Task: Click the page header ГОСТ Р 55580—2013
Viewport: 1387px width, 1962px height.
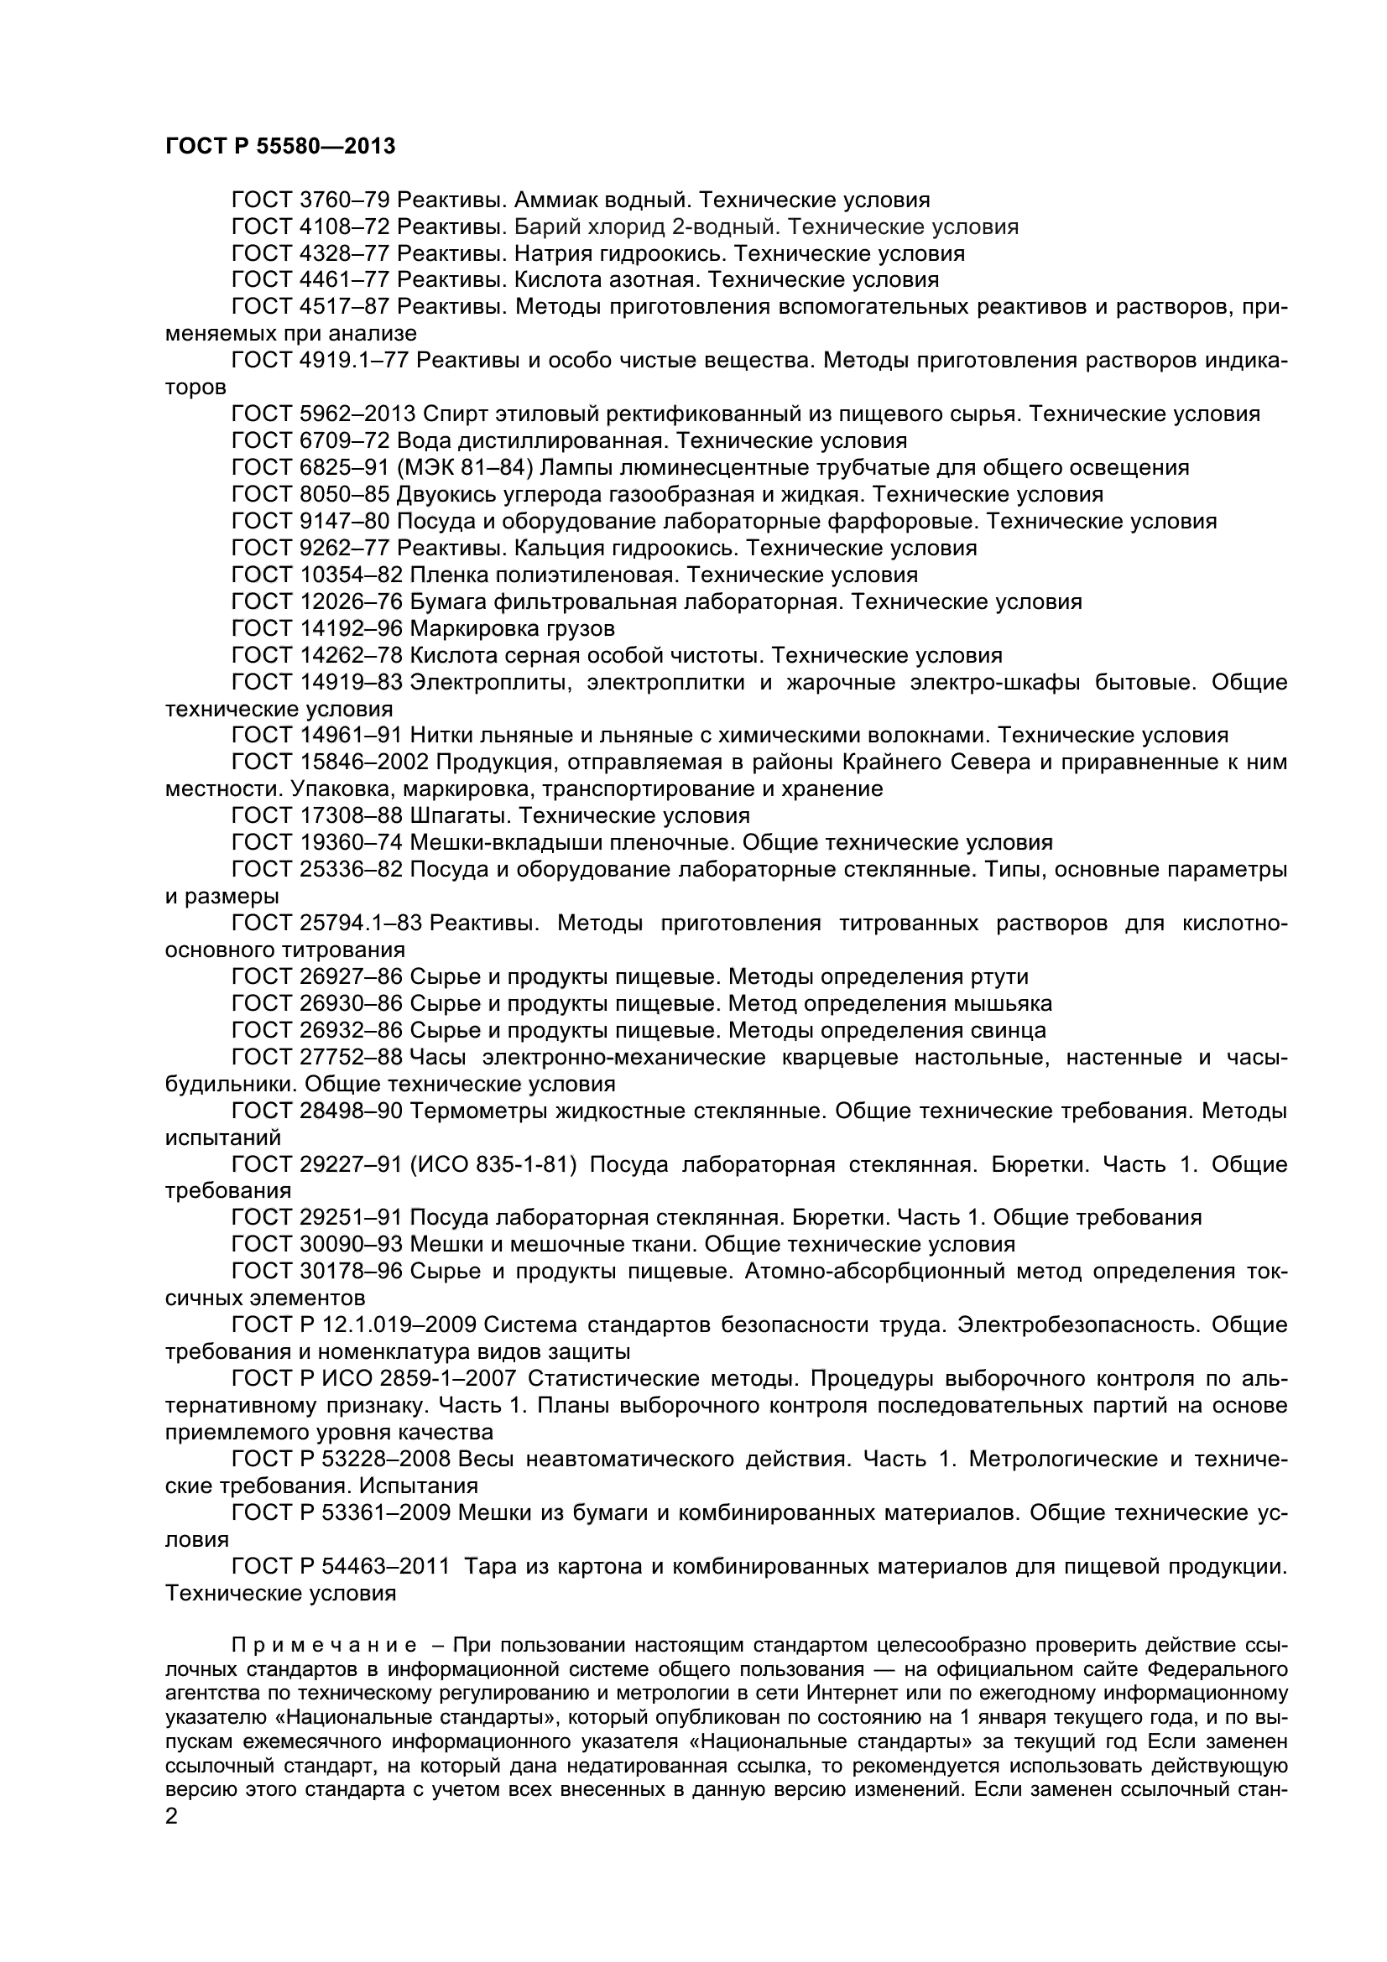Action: [280, 146]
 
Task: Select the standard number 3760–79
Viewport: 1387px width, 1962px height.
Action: [346, 200]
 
